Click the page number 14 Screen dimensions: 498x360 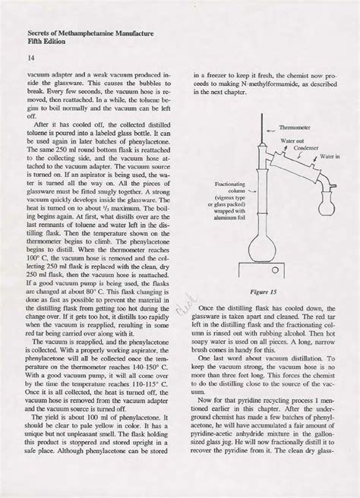30,58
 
